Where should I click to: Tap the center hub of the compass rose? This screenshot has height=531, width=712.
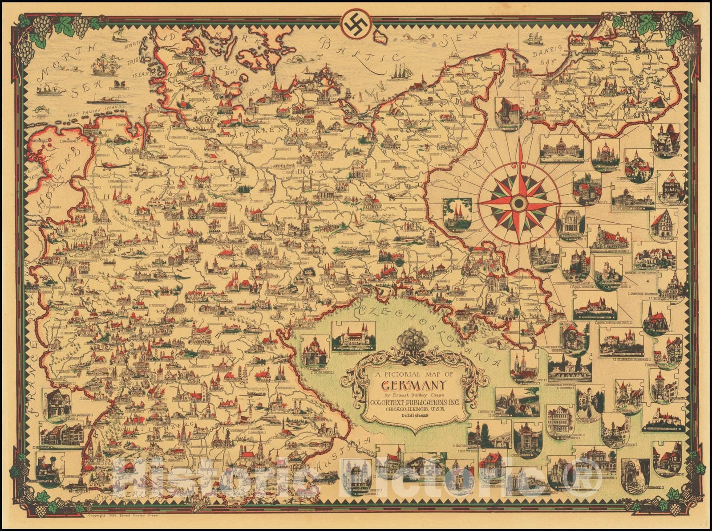(x=518, y=204)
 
